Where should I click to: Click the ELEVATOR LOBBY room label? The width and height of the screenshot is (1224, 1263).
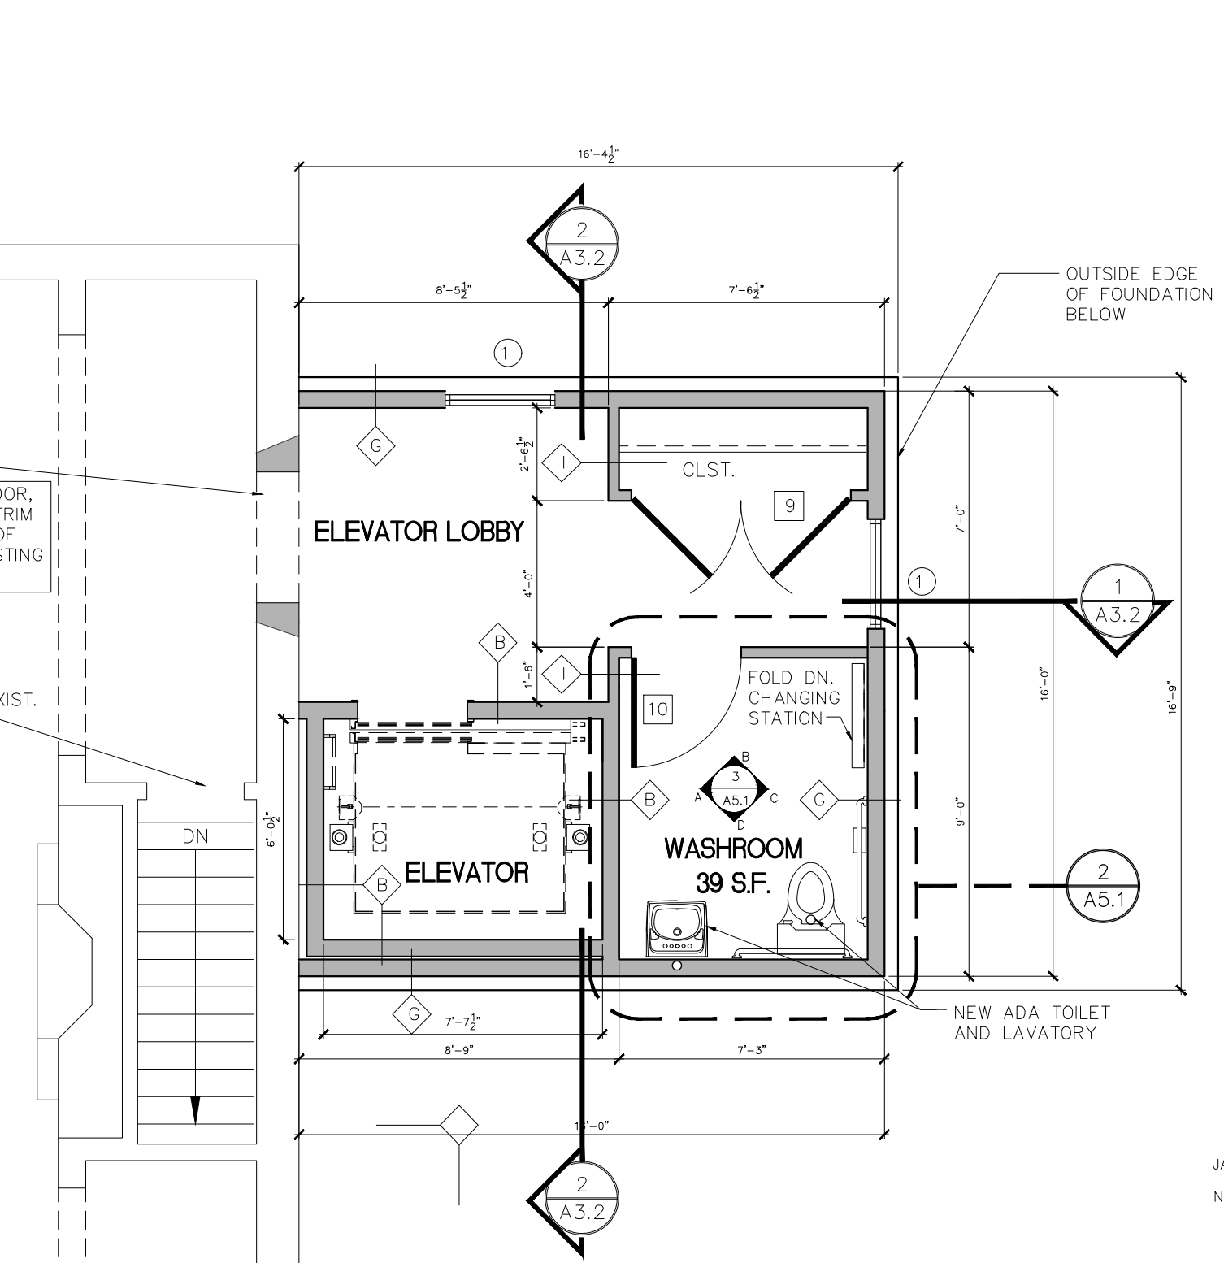coord(419,532)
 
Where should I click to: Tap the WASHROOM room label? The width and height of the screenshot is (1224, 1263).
coord(733,849)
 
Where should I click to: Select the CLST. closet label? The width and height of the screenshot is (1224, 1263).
coord(709,470)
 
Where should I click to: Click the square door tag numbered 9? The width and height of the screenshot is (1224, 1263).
coord(789,506)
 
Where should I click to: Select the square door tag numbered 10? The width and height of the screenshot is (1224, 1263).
coord(658,710)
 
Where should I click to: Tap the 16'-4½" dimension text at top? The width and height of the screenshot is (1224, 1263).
coord(597,154)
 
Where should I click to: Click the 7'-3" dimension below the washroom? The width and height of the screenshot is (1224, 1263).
coord(751,1049)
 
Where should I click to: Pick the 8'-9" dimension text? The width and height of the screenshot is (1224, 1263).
coord(458,1049)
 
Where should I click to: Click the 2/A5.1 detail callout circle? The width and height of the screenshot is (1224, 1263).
coord(1103,884)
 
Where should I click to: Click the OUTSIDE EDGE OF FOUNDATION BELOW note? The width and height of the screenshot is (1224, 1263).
coord(1138,294)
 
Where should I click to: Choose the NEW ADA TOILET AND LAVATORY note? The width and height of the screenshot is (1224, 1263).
coord(1031,1022)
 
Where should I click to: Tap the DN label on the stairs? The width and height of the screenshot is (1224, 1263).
coord(195,836)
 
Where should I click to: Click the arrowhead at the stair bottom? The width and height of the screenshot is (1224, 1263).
coord(195,1109)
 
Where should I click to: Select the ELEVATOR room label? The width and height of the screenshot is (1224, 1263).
coord(466,873)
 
